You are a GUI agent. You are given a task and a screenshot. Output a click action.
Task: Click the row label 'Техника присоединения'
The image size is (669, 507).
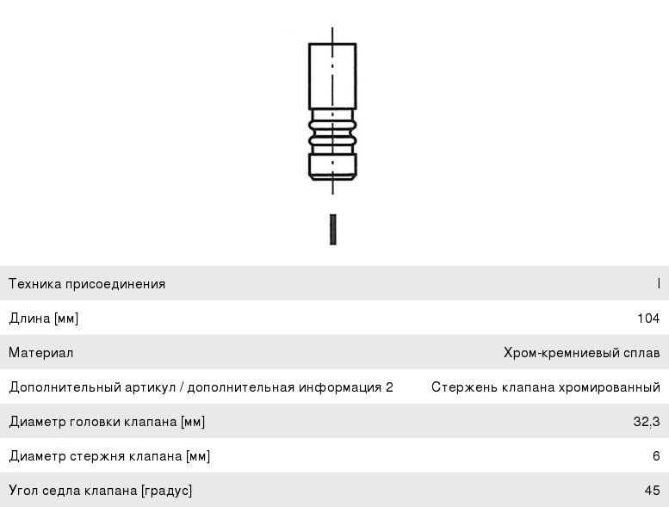coord(87,284)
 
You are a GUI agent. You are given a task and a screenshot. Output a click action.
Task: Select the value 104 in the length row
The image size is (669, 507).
coord(648,318)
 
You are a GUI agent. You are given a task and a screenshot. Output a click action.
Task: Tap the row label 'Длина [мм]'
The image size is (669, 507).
coord(44,318)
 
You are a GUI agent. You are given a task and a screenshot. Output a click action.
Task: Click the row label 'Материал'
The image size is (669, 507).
coord(41,353)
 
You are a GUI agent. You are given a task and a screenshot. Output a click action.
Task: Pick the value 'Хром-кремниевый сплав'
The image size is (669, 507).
coord(581,353)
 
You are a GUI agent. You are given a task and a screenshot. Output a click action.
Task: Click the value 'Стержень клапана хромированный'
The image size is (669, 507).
coord(546,387)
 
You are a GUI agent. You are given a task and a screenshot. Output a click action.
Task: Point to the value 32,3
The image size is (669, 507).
coord(647,422)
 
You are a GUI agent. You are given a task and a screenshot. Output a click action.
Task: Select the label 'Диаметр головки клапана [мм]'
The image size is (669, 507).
coord(107,422)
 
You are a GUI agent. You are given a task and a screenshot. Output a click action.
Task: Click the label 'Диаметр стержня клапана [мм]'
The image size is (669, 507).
coord(109,456)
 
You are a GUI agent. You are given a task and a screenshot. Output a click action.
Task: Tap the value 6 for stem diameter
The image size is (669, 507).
coord(656,456)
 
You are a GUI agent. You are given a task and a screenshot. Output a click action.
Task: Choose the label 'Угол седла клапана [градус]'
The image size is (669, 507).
coord(101,491)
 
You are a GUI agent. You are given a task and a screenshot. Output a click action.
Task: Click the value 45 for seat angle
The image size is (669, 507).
coord(653,491)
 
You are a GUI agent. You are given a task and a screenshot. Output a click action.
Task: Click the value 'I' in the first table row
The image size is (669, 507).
coord(659,283)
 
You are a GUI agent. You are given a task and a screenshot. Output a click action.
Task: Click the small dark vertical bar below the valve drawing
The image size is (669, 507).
coord(333,230)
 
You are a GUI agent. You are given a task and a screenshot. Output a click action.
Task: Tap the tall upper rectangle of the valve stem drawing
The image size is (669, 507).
coord(332,77)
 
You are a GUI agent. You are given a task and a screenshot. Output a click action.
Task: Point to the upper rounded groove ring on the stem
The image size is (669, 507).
coord(332,126)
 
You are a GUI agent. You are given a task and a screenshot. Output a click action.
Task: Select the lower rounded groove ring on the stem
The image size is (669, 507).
coord(332,139)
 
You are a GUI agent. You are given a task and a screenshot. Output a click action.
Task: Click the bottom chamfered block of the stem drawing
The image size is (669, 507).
coord(332,167)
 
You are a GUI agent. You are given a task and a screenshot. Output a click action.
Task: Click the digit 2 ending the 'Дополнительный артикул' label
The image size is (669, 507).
coord(389,387)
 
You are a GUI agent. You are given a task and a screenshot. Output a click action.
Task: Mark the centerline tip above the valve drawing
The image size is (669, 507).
coord(332,28)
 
